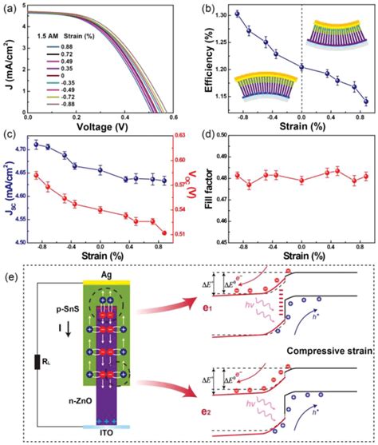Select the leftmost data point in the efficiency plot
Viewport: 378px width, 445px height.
pyautogui.click(x=237, y=14)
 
